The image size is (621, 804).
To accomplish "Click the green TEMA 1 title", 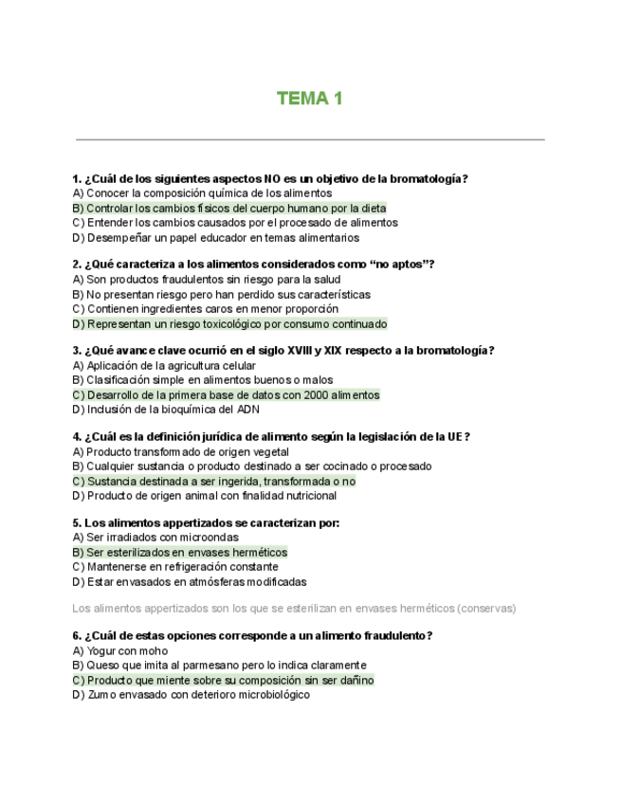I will (x=309, y=99).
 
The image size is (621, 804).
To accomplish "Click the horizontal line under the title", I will (x=309, y=140).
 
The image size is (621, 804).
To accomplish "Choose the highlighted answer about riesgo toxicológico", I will (x=229, y=324).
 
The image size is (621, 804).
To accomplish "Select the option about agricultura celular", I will (x=164, y=366).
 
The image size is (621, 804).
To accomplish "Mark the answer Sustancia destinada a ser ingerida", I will (x=213, y=482).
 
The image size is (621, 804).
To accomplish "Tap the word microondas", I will (x=211, y=538).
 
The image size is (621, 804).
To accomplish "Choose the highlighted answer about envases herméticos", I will (x=179, y=552).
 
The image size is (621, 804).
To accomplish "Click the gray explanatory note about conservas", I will (x=294, y=608).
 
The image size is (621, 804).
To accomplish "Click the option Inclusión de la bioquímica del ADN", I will (x=165, y=410).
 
